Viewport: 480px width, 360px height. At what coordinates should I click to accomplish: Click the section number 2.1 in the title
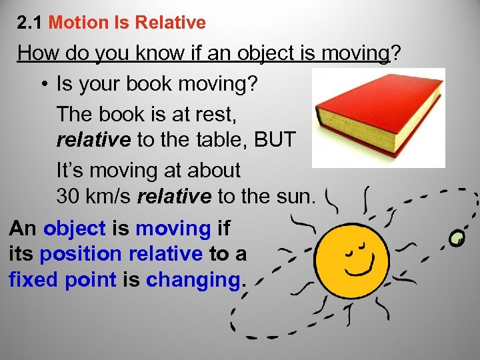[31, 23]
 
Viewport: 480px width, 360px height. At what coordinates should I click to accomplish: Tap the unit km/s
[111, 196]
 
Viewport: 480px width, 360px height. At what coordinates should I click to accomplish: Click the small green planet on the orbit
[457, 238]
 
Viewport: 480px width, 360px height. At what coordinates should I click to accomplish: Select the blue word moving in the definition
[173, 228]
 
